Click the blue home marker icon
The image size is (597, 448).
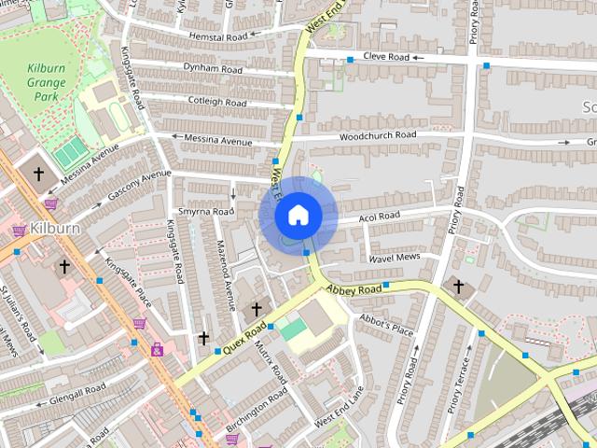point(298,216)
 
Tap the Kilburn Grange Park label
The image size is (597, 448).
point(46,88)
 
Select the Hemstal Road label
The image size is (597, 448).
point(217,36)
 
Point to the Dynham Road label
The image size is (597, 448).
point(213,69)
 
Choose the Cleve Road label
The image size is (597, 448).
point(386,57)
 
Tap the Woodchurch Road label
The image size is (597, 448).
point(377,135)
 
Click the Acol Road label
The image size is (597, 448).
point(380,216)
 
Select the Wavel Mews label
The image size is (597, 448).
point(394,257)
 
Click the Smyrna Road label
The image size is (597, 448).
point(207,212)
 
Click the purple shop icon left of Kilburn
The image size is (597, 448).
point(19,230)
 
